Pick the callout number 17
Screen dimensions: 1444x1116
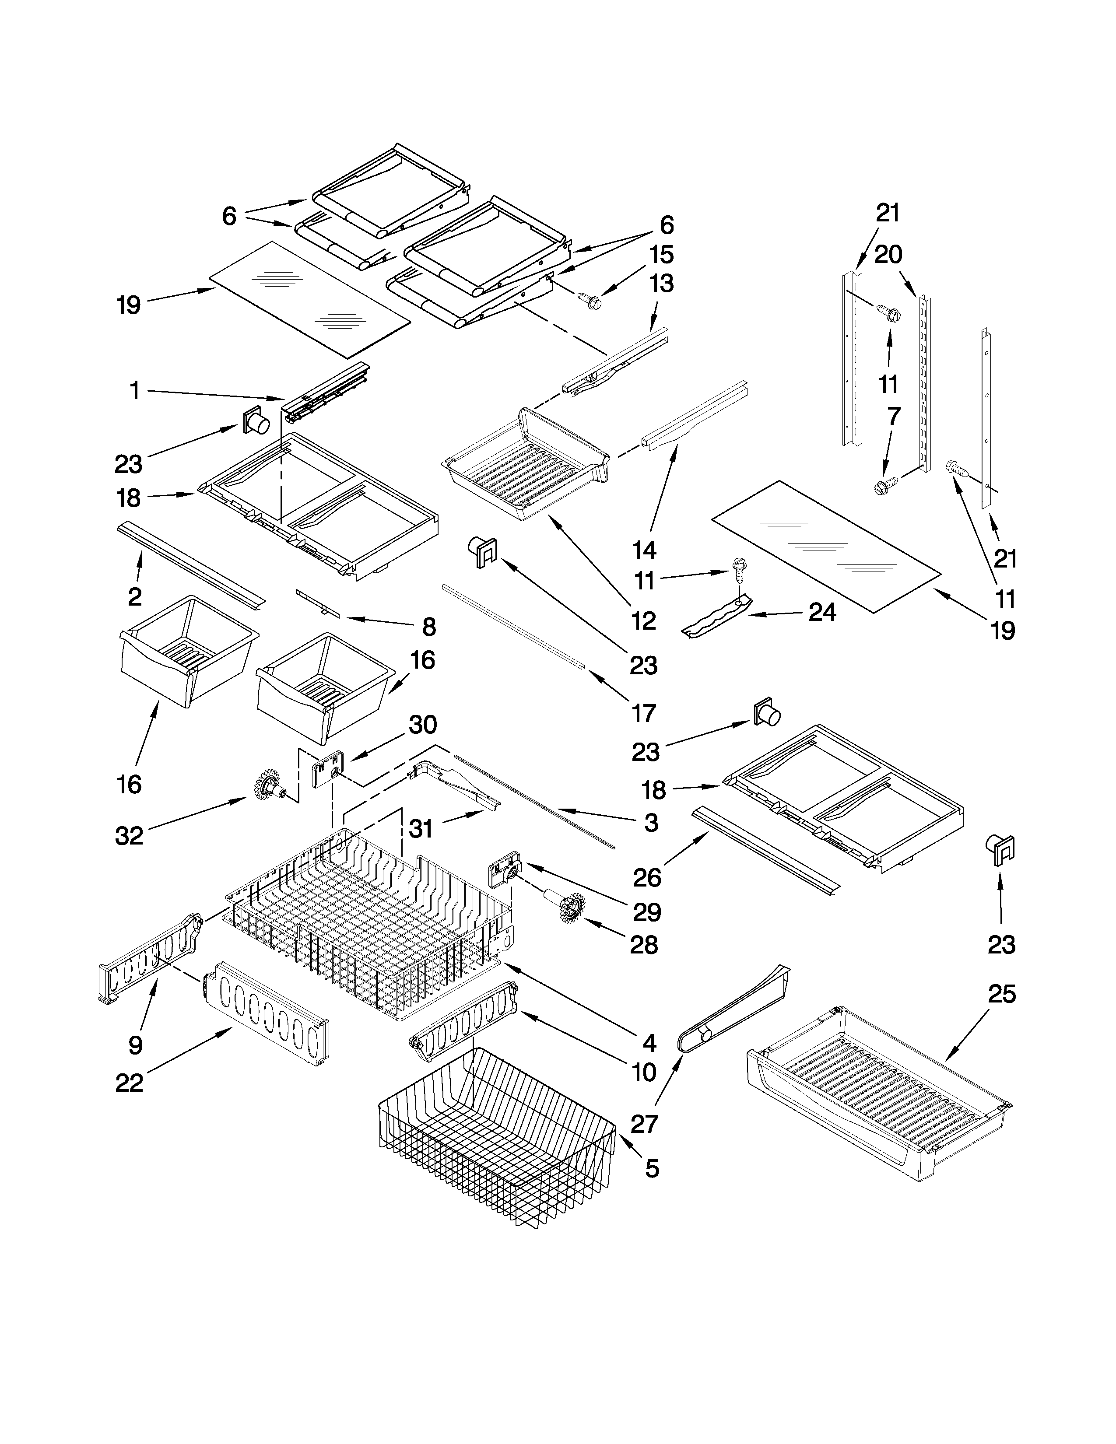[x=643, y=713]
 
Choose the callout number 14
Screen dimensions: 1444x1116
[x=644, y=550]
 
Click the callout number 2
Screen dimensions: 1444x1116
[x=134, y=596]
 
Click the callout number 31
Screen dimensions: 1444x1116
[x=421, y=828]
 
